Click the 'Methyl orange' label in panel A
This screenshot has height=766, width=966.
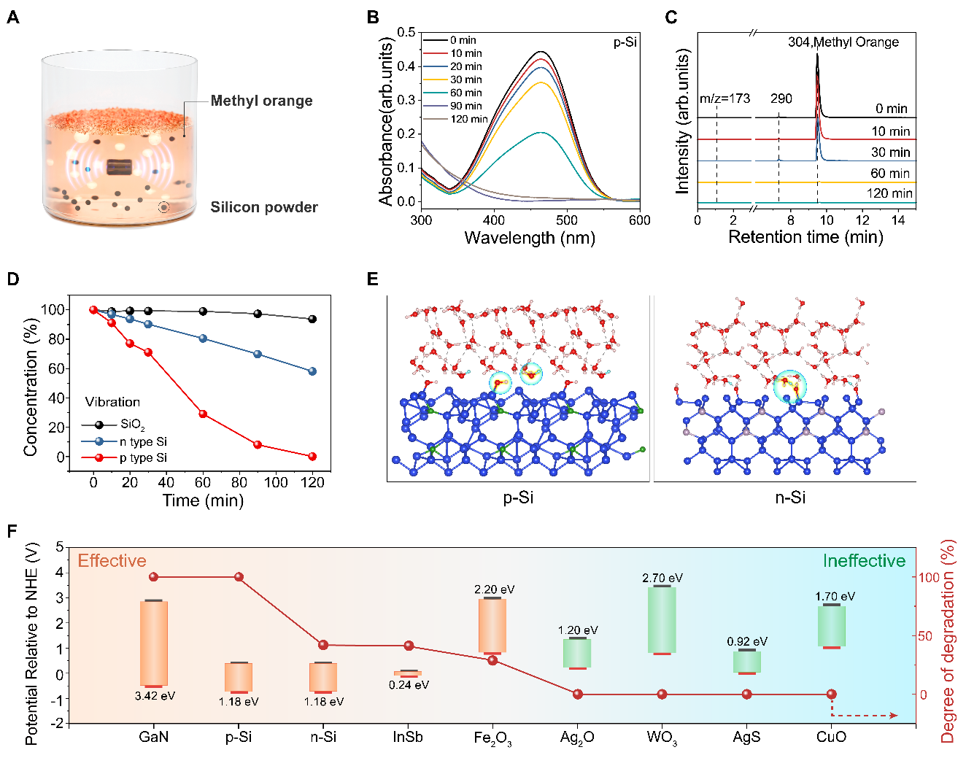[261, 101]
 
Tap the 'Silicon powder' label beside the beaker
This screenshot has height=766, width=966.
[264, 207]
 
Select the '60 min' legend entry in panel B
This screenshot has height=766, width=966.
[465, 93]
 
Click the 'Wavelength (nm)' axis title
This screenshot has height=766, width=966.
[530, 238]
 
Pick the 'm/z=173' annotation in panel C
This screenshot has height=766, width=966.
[724, 98]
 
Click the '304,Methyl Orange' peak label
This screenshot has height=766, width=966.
[843, 42]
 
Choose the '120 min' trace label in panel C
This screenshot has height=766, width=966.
[889, 193]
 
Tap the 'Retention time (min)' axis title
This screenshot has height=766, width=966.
[805, 237]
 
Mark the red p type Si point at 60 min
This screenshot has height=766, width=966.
[203, 414]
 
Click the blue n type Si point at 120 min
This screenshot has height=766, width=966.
[312, 371]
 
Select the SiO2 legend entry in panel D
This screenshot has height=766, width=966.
[132, 425]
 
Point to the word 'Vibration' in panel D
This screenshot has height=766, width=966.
[112, 402]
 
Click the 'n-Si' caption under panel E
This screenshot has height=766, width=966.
[790, 498]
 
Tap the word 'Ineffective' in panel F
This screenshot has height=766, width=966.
[864, 561]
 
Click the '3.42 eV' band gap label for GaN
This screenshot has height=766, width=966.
[155, 696]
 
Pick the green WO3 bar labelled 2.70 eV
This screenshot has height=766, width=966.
[662, 620]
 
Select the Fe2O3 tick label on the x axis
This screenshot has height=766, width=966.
[492, 738]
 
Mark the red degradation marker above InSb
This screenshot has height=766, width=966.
[409, 646]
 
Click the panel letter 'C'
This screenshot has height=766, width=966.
[671, 17]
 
